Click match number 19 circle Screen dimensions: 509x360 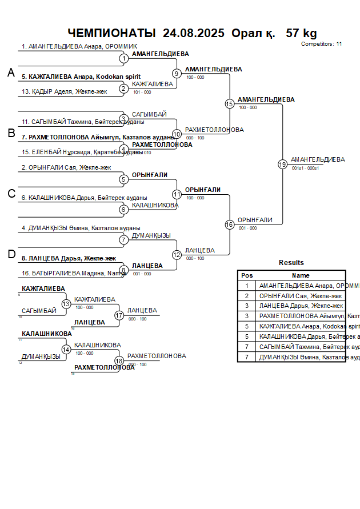282,164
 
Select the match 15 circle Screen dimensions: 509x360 230,103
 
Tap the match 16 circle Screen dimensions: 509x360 230,225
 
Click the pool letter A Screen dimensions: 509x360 11,73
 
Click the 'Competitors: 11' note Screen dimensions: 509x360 321,43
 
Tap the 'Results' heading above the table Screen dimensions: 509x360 291,263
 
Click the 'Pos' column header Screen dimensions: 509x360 247,275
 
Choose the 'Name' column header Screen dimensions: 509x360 301,275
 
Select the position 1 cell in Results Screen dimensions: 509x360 247,285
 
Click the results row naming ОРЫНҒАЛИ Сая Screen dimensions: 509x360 301,296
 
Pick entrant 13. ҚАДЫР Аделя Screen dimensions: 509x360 65,91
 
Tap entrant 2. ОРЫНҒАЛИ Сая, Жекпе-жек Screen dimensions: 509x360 66,167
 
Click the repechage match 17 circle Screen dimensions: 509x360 119,315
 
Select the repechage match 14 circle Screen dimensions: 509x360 66,349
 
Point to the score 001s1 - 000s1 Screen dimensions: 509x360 305,168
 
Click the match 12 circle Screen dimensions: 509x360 177,255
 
